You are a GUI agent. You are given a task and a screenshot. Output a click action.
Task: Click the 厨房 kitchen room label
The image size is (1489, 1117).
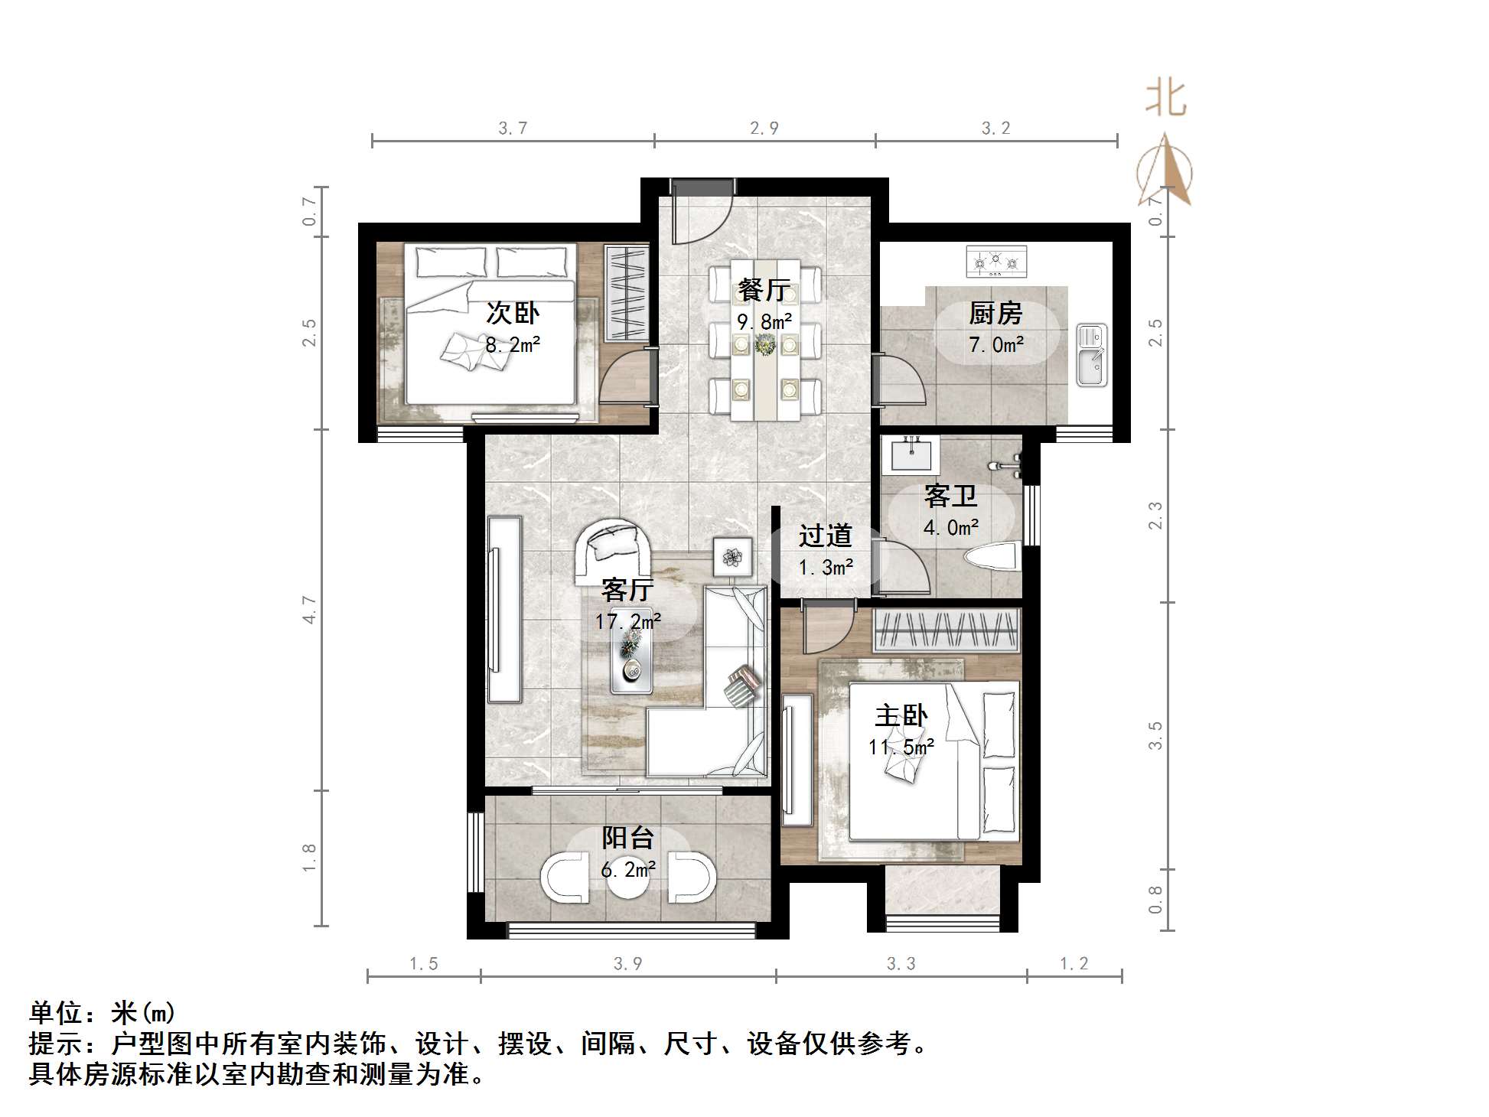tap(995, 313)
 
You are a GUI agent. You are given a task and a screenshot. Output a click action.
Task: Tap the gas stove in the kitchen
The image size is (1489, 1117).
tap(995, 262)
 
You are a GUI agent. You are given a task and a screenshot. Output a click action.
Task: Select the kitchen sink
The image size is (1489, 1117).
tap(1091, 355)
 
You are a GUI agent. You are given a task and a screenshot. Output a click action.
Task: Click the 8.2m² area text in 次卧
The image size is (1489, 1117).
tap(513, 345)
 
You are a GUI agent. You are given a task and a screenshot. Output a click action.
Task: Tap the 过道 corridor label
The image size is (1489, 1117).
tap(825, 536)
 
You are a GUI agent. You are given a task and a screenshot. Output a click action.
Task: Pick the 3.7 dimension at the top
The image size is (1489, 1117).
tap(513, 129)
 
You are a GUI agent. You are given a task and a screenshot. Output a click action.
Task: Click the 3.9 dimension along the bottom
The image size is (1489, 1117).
tap(627, 964)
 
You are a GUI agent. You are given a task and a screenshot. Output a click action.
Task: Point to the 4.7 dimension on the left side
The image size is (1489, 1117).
tap(309, 610)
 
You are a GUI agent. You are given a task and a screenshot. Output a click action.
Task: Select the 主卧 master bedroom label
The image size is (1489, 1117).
tap(901, 716)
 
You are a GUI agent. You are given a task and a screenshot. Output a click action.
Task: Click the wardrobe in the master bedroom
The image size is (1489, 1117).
tap(946, 630)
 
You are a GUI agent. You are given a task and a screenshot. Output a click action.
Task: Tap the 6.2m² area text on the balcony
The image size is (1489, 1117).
tap(627, 870)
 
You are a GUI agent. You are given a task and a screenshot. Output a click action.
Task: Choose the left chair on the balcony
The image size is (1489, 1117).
tap(565, 877)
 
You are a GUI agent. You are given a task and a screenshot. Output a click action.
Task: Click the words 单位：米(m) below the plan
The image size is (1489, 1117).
tap(103, 1013)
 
